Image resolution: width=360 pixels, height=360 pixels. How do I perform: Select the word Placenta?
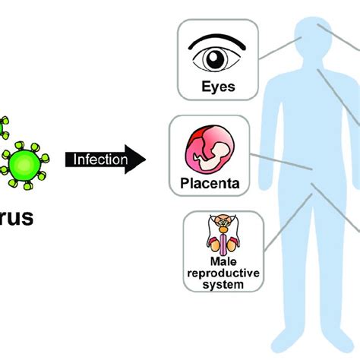click(x=210, y=182)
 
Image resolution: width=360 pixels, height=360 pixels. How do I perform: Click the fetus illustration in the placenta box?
click(x=211, y=149)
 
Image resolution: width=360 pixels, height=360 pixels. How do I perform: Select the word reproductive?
click(x=224, y=274)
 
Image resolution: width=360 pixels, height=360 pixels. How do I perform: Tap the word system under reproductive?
click(x=224, y=285)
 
